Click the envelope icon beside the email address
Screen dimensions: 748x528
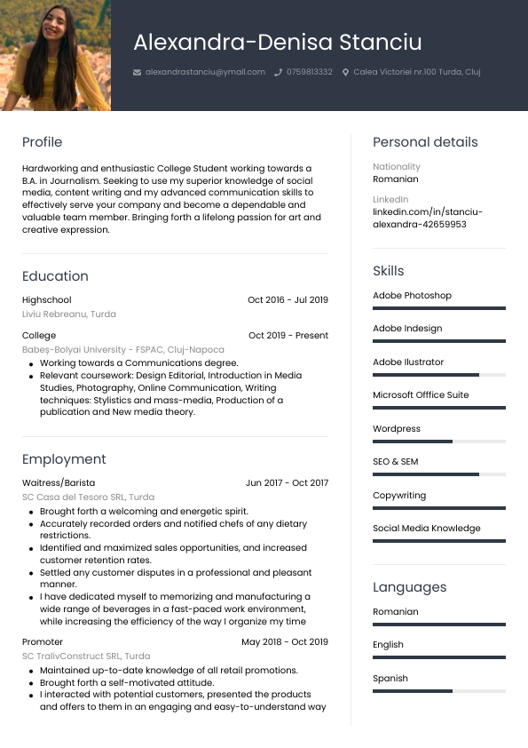pos(137,72)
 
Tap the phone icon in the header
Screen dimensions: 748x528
pos(279,72)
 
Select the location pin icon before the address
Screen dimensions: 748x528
pos(345,72)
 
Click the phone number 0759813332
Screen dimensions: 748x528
pos(310,72)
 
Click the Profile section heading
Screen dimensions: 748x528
pos(42,142)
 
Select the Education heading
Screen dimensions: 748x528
pos(55,276)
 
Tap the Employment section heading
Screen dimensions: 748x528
pos(64,459)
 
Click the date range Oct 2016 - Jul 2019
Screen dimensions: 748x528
pos(288,300)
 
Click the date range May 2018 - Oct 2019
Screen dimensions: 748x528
pos(285,641)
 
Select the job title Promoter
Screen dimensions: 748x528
pos(43,641)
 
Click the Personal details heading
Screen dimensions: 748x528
pos(425,142)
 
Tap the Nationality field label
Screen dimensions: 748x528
pos(397,167)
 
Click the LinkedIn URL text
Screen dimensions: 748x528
pos(428,219)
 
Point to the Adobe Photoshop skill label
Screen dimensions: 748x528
pos(412,296)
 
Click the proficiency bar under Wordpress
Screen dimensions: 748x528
pos(439,442)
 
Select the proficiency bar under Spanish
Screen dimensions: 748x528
pos(439,691)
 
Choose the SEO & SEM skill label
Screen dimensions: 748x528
pos(395,462)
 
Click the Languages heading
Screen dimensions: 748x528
pos(409,587)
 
